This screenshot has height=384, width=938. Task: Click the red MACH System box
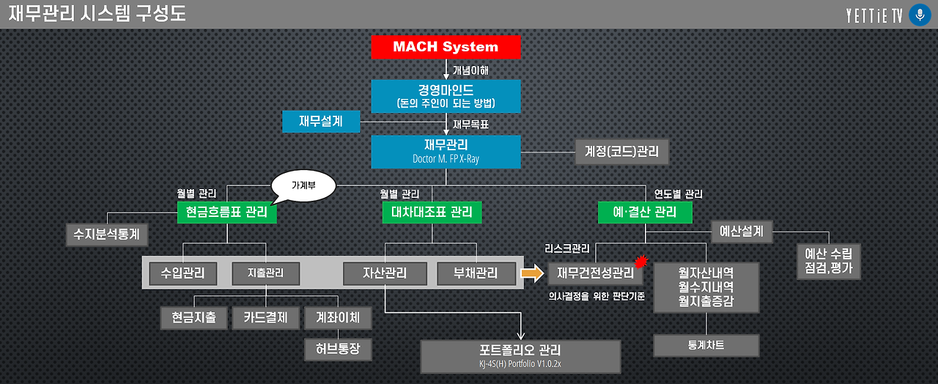pos(446,47)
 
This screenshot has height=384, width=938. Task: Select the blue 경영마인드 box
pos(446,96)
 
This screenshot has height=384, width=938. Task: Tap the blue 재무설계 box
pos(321,121)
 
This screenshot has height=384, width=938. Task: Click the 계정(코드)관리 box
pos(621,152)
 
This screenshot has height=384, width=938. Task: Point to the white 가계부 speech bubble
pos(303,186)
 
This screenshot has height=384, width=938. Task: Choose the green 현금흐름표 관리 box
pos(226,213)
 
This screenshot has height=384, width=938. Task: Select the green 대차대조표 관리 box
pos(432,213)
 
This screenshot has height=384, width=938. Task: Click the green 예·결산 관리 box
pos(645,213)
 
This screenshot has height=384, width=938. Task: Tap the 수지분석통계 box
pos(107,235)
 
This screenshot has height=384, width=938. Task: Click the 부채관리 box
pos(477,273)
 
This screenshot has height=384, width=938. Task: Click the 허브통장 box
pos(338,349)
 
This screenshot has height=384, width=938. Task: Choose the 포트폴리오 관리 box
pos(520,355)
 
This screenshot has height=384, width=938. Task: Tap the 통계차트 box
pos(706,345)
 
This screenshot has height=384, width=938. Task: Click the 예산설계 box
pos(742,232)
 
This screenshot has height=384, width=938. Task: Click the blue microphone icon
pos(919,15)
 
